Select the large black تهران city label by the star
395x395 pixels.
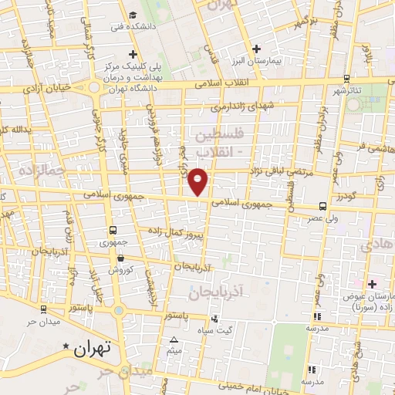click(x=93, y=348)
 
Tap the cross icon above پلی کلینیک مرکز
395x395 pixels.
click(x=133, y=55)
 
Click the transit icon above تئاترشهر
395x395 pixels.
click(x=346, y=79)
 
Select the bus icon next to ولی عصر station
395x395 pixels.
click(x=322, y=206)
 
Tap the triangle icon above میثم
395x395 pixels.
click(x=174, y=340)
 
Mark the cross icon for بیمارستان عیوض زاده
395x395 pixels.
click(x=371, y=285)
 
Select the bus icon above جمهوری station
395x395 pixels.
click(x=113, y=230)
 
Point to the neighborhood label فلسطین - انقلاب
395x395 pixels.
click(x=218, y=142)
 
